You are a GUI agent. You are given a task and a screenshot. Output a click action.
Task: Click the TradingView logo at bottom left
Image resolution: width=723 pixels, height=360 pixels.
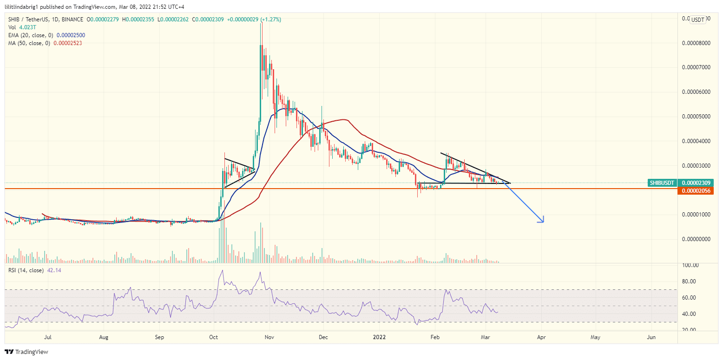coord(26,352)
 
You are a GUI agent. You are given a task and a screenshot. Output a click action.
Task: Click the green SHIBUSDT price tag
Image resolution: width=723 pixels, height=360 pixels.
coord(663,183)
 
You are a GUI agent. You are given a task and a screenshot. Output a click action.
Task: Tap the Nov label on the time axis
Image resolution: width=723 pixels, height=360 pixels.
coord(269,338)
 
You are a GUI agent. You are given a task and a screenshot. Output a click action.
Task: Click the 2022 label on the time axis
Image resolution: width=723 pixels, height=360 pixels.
coord(380,338)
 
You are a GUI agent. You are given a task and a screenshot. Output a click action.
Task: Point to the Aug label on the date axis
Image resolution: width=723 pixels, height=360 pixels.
coord(104,338)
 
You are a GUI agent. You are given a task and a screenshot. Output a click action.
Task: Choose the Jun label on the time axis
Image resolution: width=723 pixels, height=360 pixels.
coord(651,338)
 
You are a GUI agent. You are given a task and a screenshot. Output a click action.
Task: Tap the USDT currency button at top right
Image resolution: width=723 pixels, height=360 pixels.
coord(697,20)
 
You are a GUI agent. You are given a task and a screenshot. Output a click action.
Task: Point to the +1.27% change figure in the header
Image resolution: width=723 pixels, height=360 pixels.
coord(270,20)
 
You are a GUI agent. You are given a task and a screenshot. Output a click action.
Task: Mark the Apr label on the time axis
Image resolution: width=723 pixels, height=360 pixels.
coord(541,338)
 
